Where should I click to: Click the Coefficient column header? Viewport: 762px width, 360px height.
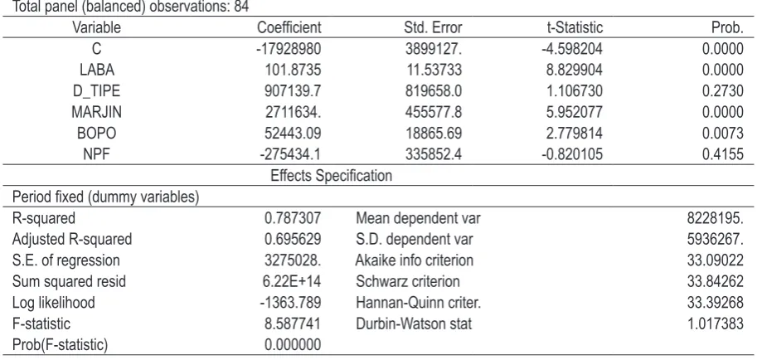(289, 27)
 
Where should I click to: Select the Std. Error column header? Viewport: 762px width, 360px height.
(433, 27)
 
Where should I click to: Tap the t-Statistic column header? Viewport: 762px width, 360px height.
(575, 27)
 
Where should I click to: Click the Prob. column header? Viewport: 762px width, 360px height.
(727, 27)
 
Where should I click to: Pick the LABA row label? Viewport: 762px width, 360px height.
(97, 70)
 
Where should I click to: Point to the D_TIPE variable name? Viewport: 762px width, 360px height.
(97, 91)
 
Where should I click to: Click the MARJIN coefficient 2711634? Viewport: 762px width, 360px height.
(293, 112)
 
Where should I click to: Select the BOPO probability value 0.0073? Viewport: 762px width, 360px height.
(723, 134)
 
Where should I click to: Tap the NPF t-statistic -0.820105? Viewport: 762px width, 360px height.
(572, 155)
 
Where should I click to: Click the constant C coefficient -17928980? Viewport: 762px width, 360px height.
(289, 49)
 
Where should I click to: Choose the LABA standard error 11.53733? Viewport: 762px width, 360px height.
(434, 70)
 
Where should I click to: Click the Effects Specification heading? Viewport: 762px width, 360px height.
(332, 176)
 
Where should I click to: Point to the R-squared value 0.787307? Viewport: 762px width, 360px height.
(293, 218)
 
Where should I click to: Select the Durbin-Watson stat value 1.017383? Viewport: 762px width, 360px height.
(716, 324)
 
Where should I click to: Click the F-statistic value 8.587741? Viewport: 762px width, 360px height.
(293, 324)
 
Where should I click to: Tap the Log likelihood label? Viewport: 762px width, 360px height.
(53, 303)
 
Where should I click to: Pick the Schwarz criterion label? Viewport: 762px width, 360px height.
(407, 281)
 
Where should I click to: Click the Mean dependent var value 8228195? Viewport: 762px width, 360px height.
(716, 218)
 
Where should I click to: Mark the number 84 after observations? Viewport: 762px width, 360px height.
(241, 7)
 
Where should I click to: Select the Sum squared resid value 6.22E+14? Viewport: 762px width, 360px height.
(293, 281)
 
